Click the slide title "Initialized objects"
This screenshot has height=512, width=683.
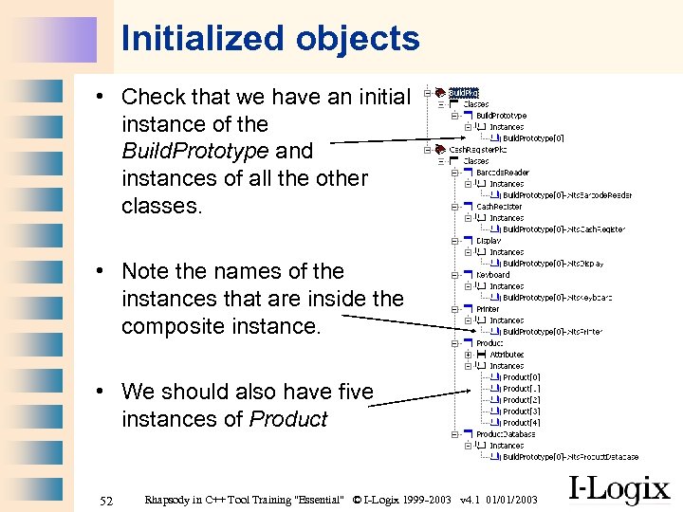[x=270, y=39]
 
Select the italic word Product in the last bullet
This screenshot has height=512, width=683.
[x=288, y=419]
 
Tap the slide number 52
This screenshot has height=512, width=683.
[x=106, y=499]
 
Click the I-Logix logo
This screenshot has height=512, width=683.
[x=618, y=489]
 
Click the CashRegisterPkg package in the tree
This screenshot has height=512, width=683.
[x=471, y=150]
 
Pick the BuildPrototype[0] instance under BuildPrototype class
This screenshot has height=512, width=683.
[x=533, y=138]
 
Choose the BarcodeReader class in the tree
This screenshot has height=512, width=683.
[x=502, y=173]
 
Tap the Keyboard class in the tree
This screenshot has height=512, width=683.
[x=492, y=275]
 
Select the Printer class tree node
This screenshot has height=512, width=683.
[x=488, y=309]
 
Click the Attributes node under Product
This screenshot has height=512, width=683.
[x=507, y=355]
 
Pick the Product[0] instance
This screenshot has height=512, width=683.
[x=521, y=377]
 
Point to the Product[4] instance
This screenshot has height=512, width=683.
[x=521, y=423]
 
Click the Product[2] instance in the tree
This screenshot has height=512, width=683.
[x=521, y=400]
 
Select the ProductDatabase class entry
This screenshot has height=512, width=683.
[x=506, y=434]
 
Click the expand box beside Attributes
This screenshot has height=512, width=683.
[x=469, y=355]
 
